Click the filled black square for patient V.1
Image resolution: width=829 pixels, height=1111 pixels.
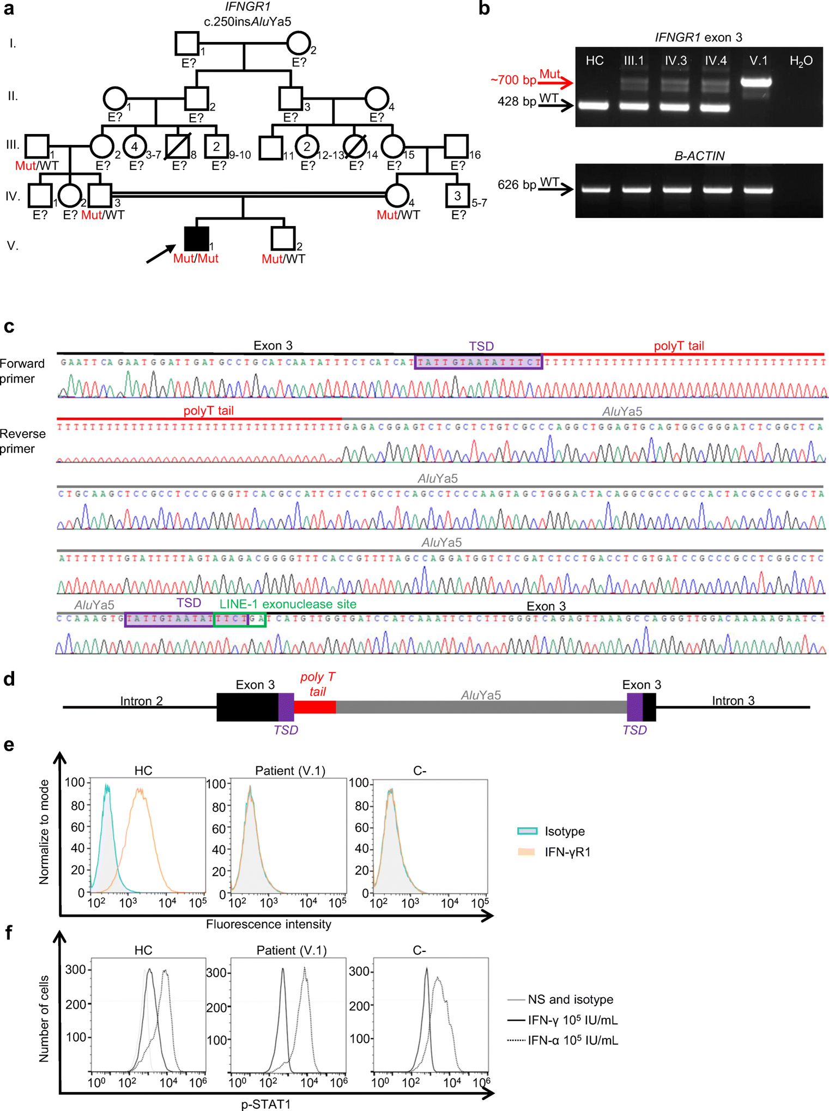[x=196, y=239]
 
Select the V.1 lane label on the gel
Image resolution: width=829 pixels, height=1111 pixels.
[x=758, y=60]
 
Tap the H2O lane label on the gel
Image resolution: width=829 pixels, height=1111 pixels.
[x=801, y=61]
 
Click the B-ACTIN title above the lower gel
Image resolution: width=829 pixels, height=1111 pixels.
[x=699, y=156]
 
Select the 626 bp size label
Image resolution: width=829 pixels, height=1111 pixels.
[x=517, y=185]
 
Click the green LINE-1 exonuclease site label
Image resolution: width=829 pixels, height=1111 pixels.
[x=288, y=604]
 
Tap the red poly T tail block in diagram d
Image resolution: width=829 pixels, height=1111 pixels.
[x=314, y=707]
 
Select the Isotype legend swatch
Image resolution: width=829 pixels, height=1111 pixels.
[x=527, y=831]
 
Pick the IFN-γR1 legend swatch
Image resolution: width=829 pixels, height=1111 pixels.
[x=527, y=852]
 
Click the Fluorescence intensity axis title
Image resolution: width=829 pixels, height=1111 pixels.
[x=268, y=924]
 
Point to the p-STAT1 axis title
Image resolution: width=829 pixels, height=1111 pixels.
[x=266, y=1104]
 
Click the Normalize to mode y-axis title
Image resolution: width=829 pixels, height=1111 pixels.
[x=44, y=832]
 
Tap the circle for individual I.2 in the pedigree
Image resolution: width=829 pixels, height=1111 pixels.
[x=298, y=44]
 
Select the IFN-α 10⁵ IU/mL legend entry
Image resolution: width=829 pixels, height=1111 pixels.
[x=572, y=1040]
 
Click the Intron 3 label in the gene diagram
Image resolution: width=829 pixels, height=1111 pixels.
[x=733, y=700]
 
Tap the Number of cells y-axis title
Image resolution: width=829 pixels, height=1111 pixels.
[x=44, y=1018]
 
